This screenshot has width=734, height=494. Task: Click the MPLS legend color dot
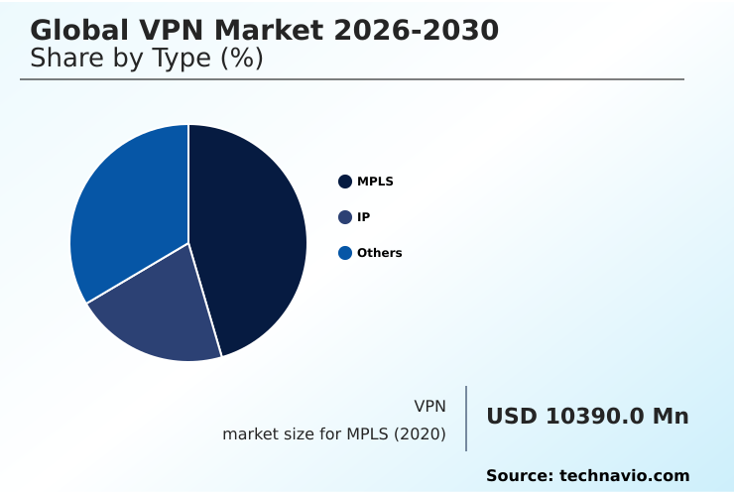345,182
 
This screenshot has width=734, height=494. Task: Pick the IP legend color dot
345,217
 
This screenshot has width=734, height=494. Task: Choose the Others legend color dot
345,253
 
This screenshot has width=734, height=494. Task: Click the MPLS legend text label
375,182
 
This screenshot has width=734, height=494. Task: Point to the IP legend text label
363,217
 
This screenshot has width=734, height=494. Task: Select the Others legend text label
379,253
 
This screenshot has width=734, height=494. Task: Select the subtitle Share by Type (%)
147,59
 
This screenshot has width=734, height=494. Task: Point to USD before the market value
512,417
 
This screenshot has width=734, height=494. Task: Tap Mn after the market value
670,417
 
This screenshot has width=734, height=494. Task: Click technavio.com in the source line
624,476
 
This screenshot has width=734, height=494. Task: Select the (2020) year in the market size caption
424,434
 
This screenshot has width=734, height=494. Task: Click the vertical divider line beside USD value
466,419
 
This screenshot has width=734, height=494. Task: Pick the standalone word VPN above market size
429,406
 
